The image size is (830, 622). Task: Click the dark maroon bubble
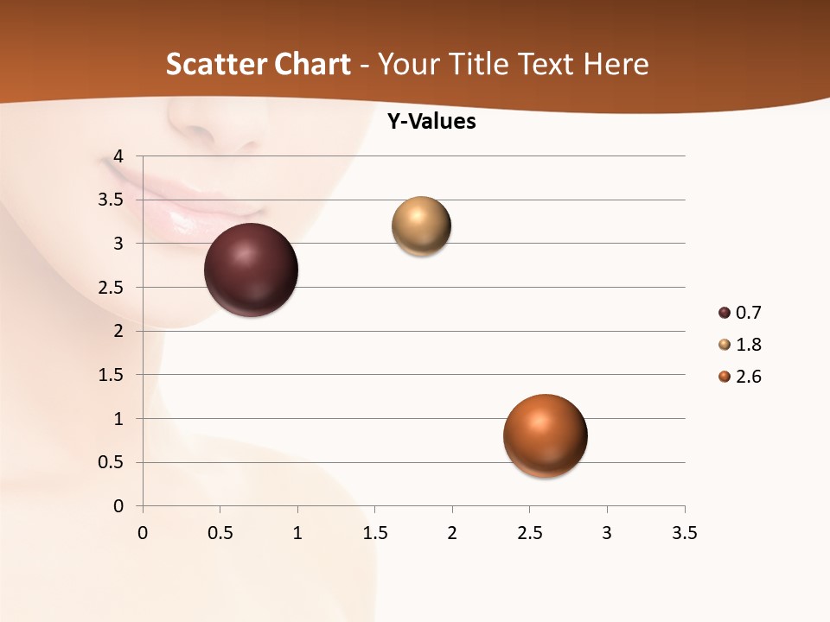pyautogui.click(x=252, y=270)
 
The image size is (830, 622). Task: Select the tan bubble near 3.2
pyautogui.click(x=421, y=226)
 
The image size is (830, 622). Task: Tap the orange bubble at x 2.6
pyautogui.click(x=545, y=435)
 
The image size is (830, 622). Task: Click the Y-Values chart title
pyautogui.click(x=431, y=122)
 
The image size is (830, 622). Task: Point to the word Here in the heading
pyautogui.click(x=616, y=64)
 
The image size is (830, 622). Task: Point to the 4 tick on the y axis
pyautogui.click(x=119, y=156)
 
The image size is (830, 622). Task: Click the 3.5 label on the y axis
pyautogui.click(x=112, y=200)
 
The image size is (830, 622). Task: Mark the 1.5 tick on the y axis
pyautogui.click(x=112, y=375)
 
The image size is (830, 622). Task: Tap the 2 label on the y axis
pyautogui.click(x=119, y=331)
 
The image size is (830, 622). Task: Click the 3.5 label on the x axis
pyautogui.click(x=684, y=533)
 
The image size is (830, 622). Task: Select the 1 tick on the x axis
pyautogui.click(x=297, y=533)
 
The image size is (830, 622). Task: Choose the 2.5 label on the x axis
pyautogui.click(x=529, y=533)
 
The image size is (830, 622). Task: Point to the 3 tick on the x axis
pyautogui.click(x=607, y=533)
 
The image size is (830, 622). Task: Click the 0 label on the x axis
pyautogui.click(x=143, y=533)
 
